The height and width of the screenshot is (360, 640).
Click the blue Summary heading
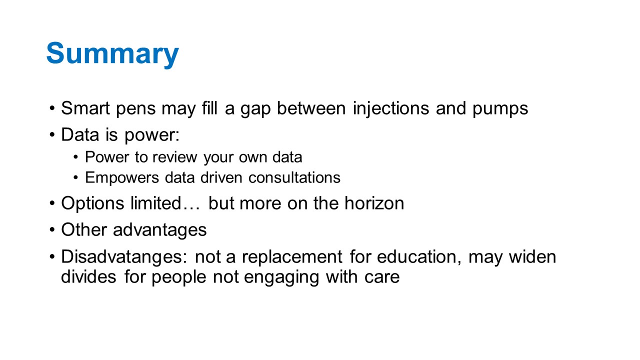(x=112, y=53)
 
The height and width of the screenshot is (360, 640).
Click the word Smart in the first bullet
(x=85, y=108)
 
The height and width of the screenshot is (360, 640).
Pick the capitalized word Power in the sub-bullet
(x=107, y=157)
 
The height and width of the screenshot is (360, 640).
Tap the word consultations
(x=294, y=177)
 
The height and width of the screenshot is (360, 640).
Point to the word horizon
(x=374, y=203)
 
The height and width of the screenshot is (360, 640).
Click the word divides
(x=88, y=276)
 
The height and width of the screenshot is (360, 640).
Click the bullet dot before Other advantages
(x=51, y=229)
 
